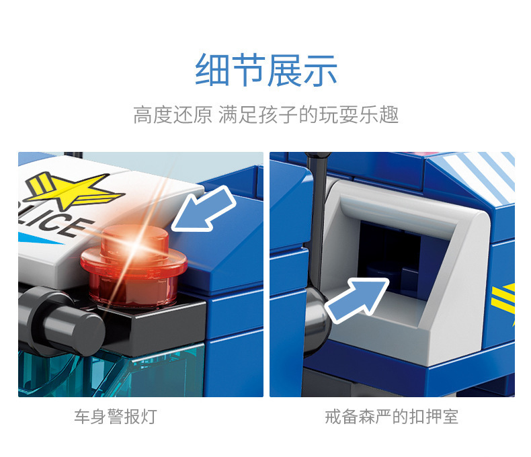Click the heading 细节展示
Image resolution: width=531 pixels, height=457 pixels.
point(265,71)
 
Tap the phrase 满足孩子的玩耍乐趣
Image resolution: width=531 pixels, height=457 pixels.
point(309,115)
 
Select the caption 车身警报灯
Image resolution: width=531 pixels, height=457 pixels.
point(115,417)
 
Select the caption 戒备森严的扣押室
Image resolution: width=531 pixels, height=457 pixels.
point(391,417)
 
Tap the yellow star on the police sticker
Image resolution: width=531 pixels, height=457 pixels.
point(72,189)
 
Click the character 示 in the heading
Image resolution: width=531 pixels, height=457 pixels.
point(320,71)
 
